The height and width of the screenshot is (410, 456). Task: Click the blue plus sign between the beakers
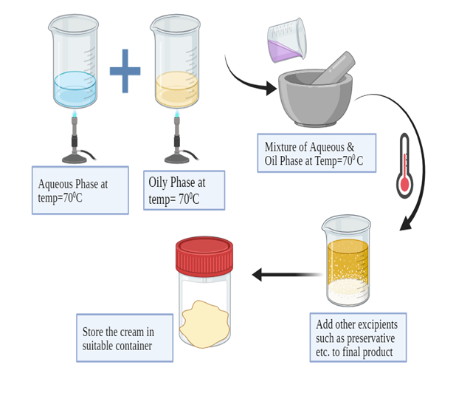125,71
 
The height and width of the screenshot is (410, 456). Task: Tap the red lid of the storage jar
204,255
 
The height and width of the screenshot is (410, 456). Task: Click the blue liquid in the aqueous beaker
75,89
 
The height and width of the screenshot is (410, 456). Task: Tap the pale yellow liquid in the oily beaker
176,89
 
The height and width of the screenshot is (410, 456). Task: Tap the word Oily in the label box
158,182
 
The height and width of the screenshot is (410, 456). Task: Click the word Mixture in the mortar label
283,147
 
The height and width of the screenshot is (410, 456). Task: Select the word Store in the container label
93,332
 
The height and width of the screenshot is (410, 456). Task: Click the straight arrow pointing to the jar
284,275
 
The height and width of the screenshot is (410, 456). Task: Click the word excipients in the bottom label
378,324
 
